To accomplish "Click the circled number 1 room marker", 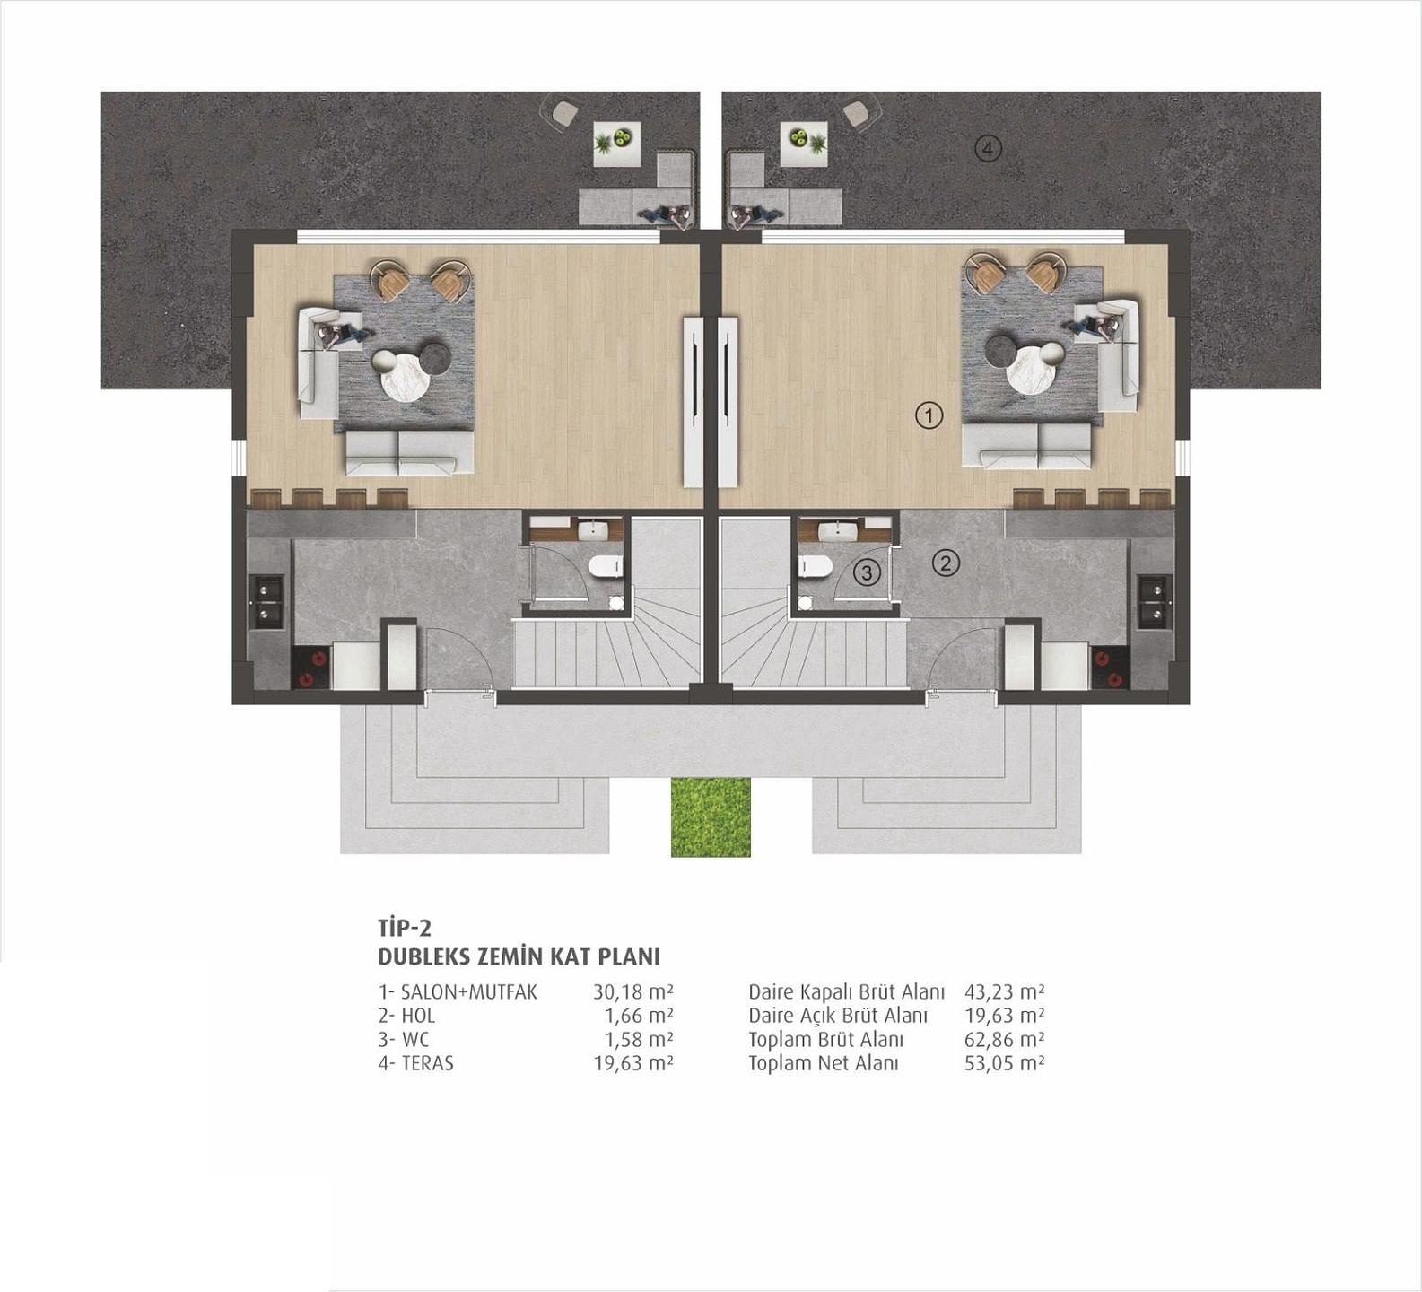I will pos(929,415).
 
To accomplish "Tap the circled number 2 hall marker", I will pos(946,563).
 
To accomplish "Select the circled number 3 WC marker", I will pos(866,572).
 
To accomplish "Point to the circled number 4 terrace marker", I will pos(988,149).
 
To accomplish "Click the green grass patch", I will pos(711,816).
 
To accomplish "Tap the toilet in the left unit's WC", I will pos(606,567).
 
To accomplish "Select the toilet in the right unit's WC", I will pos(816,567).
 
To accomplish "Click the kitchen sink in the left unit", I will pos(267,602).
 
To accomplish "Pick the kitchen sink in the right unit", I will pos(1155,602).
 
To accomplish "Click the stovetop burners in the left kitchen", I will pos(310,668).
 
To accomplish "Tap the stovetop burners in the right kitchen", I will pos(1110,668).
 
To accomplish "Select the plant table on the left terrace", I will pos(617,142).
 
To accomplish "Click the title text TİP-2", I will pos(406,928).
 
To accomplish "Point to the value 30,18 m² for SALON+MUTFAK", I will pos(632,992).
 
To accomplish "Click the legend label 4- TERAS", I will pos(415,1063).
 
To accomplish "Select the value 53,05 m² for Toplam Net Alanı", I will pos(1004,1063).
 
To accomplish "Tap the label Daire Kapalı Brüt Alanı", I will pos(846,992).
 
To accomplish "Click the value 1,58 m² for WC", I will pos(638,1040).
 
